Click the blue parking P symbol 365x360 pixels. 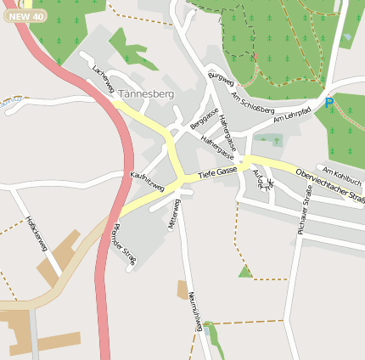(x=329, y=103)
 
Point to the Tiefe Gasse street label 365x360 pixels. (x=217, y=172)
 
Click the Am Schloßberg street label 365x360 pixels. (x=253, y=104)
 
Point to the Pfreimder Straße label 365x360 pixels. (x=125, y=243)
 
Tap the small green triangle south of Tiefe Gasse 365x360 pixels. (x=245, y=272)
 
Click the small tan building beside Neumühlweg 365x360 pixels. (x=182, y=290)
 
